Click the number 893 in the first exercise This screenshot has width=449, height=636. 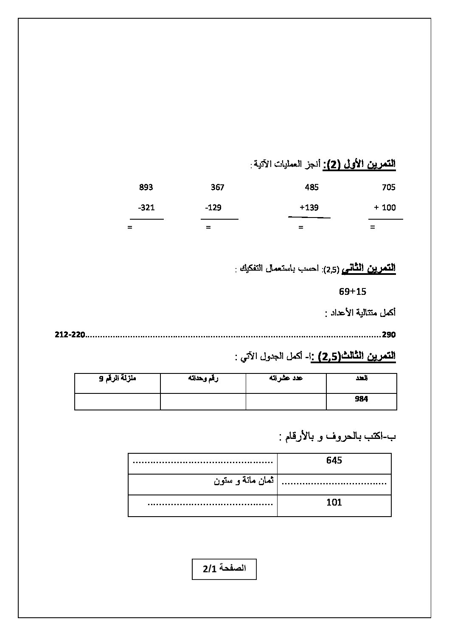tap(146, 187)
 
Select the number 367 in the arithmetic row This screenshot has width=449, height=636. tap(217, 187)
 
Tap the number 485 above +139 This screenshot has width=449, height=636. tap(311, 187)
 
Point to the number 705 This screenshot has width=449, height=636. tap(388, 187)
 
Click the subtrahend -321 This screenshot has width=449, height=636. tap(146, 208)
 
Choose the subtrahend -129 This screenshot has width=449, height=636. tap(213, 208)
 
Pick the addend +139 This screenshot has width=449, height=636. tap(309, 208)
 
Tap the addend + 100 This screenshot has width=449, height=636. tap(384, 208)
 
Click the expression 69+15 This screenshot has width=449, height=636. tap(352, 291)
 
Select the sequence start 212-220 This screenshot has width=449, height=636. tap(70, 335)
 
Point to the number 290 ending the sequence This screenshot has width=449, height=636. tap(389, 335)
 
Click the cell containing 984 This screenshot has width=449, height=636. tap(361, 399)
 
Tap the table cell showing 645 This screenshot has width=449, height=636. tap(334, 460)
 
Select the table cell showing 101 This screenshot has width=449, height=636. tap(334, 502)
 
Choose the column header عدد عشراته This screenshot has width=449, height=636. tap(286, 378)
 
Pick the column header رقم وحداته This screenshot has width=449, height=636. tap(203, 378)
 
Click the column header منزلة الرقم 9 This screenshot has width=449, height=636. tap(118, 378)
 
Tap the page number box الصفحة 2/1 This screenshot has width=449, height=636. tap(224, 569)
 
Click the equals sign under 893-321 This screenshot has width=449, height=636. tap(130, 227)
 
